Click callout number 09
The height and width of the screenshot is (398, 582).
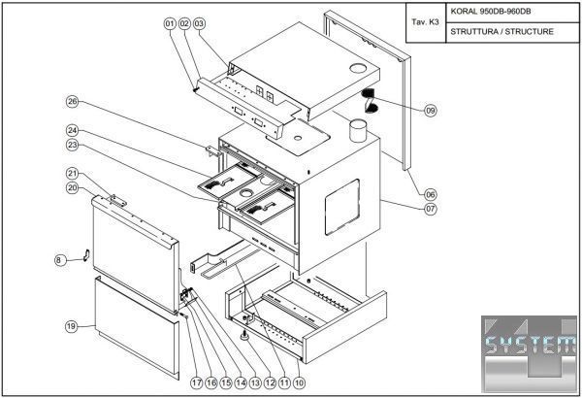(431, 111)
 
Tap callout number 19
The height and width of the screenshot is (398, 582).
(71, 326)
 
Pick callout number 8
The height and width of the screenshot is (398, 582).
(58, 259)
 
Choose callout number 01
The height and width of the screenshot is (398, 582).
(169, 21)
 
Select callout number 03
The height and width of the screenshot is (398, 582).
(200, 21)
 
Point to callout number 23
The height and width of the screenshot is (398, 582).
(72, 146)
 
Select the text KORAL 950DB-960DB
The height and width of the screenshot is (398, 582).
(491, 13)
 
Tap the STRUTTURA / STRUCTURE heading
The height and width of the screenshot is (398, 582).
(501, 31)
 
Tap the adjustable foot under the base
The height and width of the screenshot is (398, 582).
(242, 336)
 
